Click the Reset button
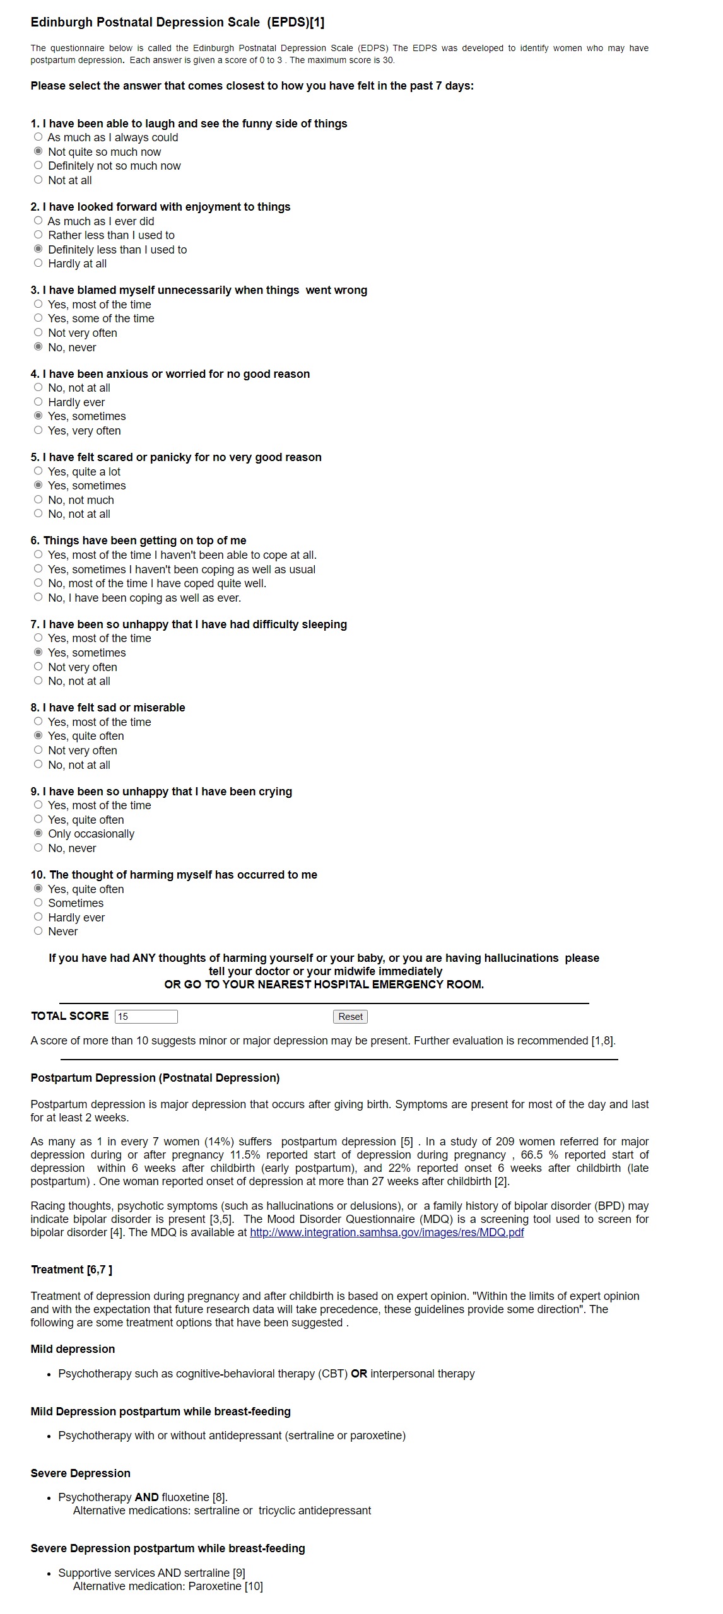click(350, 1017)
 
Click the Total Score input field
click(146, 1017)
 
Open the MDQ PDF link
click(386, 1232)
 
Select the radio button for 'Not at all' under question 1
click(38, 180)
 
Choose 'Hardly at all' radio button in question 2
click(38, 264)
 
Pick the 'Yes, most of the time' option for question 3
click(38, 305)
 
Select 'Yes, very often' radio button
click(38, 431)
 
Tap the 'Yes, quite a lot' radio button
click(38, 472)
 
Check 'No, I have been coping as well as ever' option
click(38, 598)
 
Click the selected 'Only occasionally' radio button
click(38, 834)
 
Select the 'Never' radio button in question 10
click(38, 932)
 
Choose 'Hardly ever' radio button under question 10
click(38, 918)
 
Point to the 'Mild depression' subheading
click(73, 1349)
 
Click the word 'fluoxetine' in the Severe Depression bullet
click(185, 1497)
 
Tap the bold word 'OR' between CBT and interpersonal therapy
click(359, 1374)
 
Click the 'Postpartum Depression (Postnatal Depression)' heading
click(155, 1078)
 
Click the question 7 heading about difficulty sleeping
click(189, 624)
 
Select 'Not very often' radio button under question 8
click(38, 751)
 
